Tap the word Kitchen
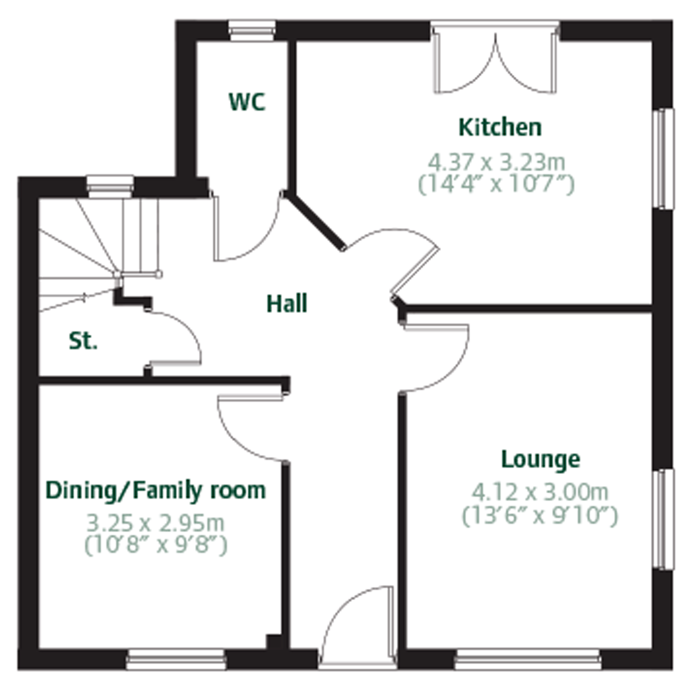click(x=500, y=127)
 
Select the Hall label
click(x=287, y=304)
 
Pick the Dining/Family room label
click(x=156, y=491)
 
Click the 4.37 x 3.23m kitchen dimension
click(x=496, y=162)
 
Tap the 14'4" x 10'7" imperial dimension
click(x=496, y=184)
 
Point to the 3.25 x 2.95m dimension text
click(x=156, y=523)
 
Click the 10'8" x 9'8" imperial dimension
click(x=156, y=546)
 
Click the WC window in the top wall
click(x=252, y=31)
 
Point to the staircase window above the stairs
click(x=110, y=186)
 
